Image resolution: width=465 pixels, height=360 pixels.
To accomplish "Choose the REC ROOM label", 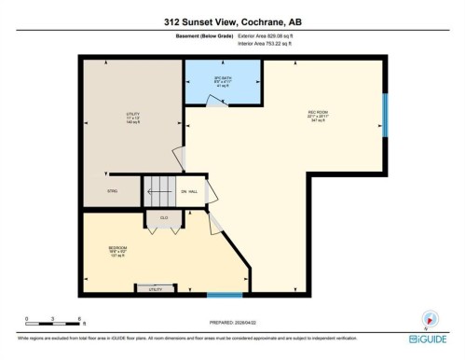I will point(320,117).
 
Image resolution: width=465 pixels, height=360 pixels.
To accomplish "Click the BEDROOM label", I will point(117,251).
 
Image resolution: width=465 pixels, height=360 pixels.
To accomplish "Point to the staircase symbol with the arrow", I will point(157,191).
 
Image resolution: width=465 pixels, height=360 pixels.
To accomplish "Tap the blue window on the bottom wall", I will point(225,296).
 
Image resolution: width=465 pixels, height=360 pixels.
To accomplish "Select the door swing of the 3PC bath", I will point(216,103).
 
